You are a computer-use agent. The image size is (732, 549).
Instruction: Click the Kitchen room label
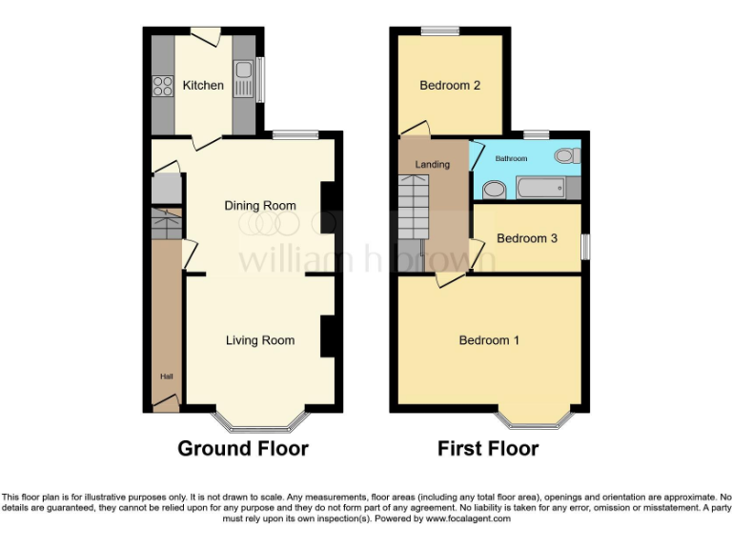(203, 86)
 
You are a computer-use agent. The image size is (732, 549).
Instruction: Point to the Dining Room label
(260, 206)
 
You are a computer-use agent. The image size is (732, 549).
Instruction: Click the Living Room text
(260, 340)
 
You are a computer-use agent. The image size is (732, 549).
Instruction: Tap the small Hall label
(166, 377)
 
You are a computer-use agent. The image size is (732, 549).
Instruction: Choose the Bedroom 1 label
(489, 340)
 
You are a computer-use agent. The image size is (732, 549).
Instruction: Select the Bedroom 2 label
(450, 86)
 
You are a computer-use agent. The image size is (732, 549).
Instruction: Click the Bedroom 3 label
(527, 238)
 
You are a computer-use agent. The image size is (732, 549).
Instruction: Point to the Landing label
(432, 165)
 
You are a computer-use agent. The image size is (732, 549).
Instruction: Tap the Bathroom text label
(510, 158)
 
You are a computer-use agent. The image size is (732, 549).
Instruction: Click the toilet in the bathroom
(567, 155)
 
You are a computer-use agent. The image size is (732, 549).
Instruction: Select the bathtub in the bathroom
(543, 189)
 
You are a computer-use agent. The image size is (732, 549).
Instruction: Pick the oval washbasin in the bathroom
(494, 190)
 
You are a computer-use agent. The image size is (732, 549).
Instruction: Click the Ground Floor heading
(243, 448)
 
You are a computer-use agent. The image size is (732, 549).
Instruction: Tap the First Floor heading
(488, 448)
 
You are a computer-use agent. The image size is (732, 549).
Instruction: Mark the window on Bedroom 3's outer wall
(585, 246)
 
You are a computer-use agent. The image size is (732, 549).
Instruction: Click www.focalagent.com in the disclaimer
(468, 519)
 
